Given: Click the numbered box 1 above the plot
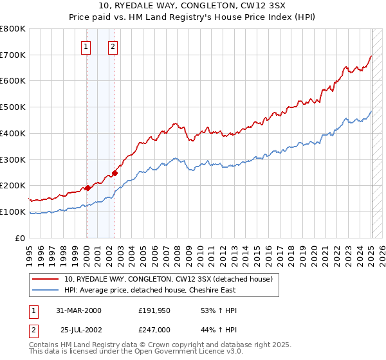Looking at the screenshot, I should point(86,46).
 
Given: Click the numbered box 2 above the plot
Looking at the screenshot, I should point(113,46).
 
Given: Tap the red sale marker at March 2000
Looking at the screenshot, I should point(87,188).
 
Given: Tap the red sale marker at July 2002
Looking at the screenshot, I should point(115,173).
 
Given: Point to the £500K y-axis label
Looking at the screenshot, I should point(13,107).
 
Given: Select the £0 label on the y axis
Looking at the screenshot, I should point(20,238).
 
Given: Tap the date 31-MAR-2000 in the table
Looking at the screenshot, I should point(78,310).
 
